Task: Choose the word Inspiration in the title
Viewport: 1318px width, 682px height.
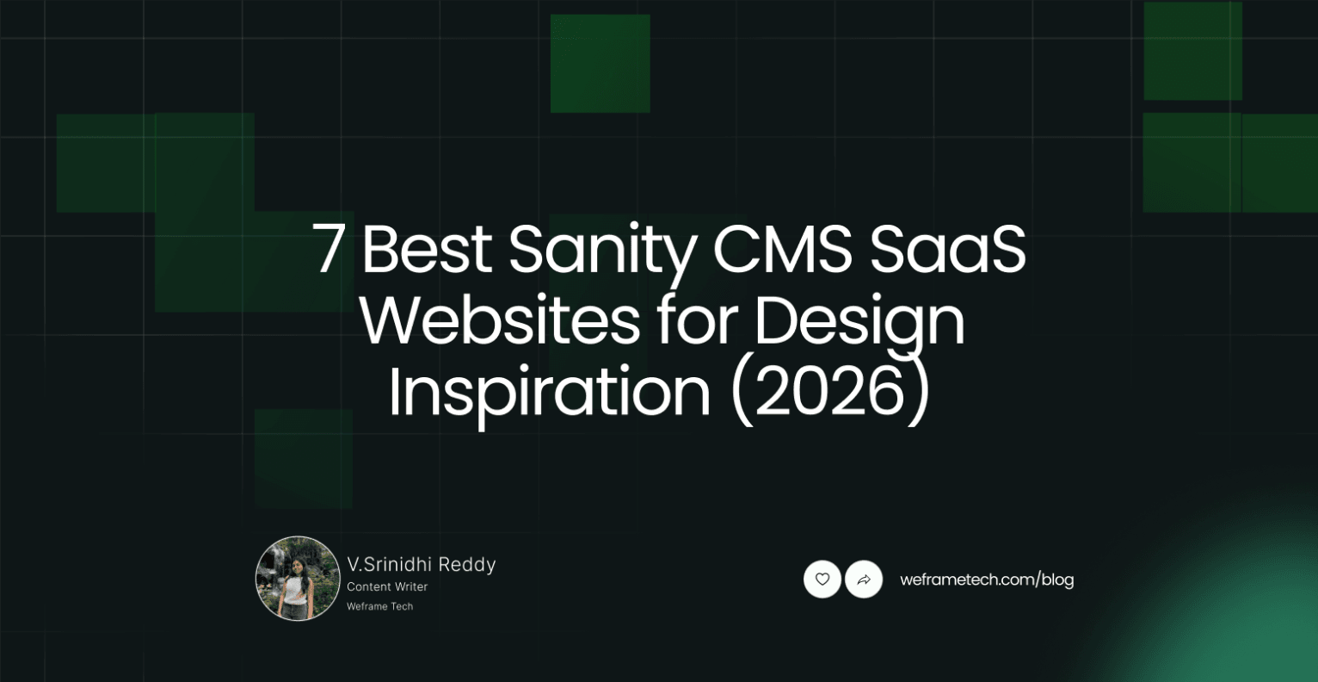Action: coord(548,393)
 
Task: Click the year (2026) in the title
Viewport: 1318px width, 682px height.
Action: coord(830,393)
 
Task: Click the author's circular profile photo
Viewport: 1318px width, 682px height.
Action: coord(298,578)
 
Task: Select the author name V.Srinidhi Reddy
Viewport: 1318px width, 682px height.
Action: coord(422,564)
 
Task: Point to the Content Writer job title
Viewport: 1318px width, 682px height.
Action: coord(387,586)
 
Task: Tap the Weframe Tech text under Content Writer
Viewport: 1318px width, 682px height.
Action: coord(379,606)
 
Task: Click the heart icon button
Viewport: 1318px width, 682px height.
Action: coord(822,580)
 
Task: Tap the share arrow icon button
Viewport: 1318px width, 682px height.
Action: coord(864,580)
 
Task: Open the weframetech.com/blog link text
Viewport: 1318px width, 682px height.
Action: coord(987,580)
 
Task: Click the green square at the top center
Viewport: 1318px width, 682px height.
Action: coord(600,63)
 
